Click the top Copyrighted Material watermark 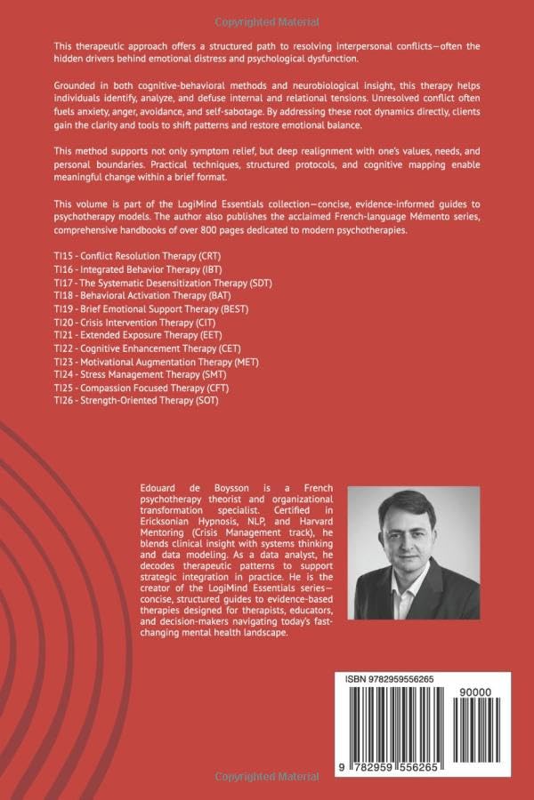coord(266,19)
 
